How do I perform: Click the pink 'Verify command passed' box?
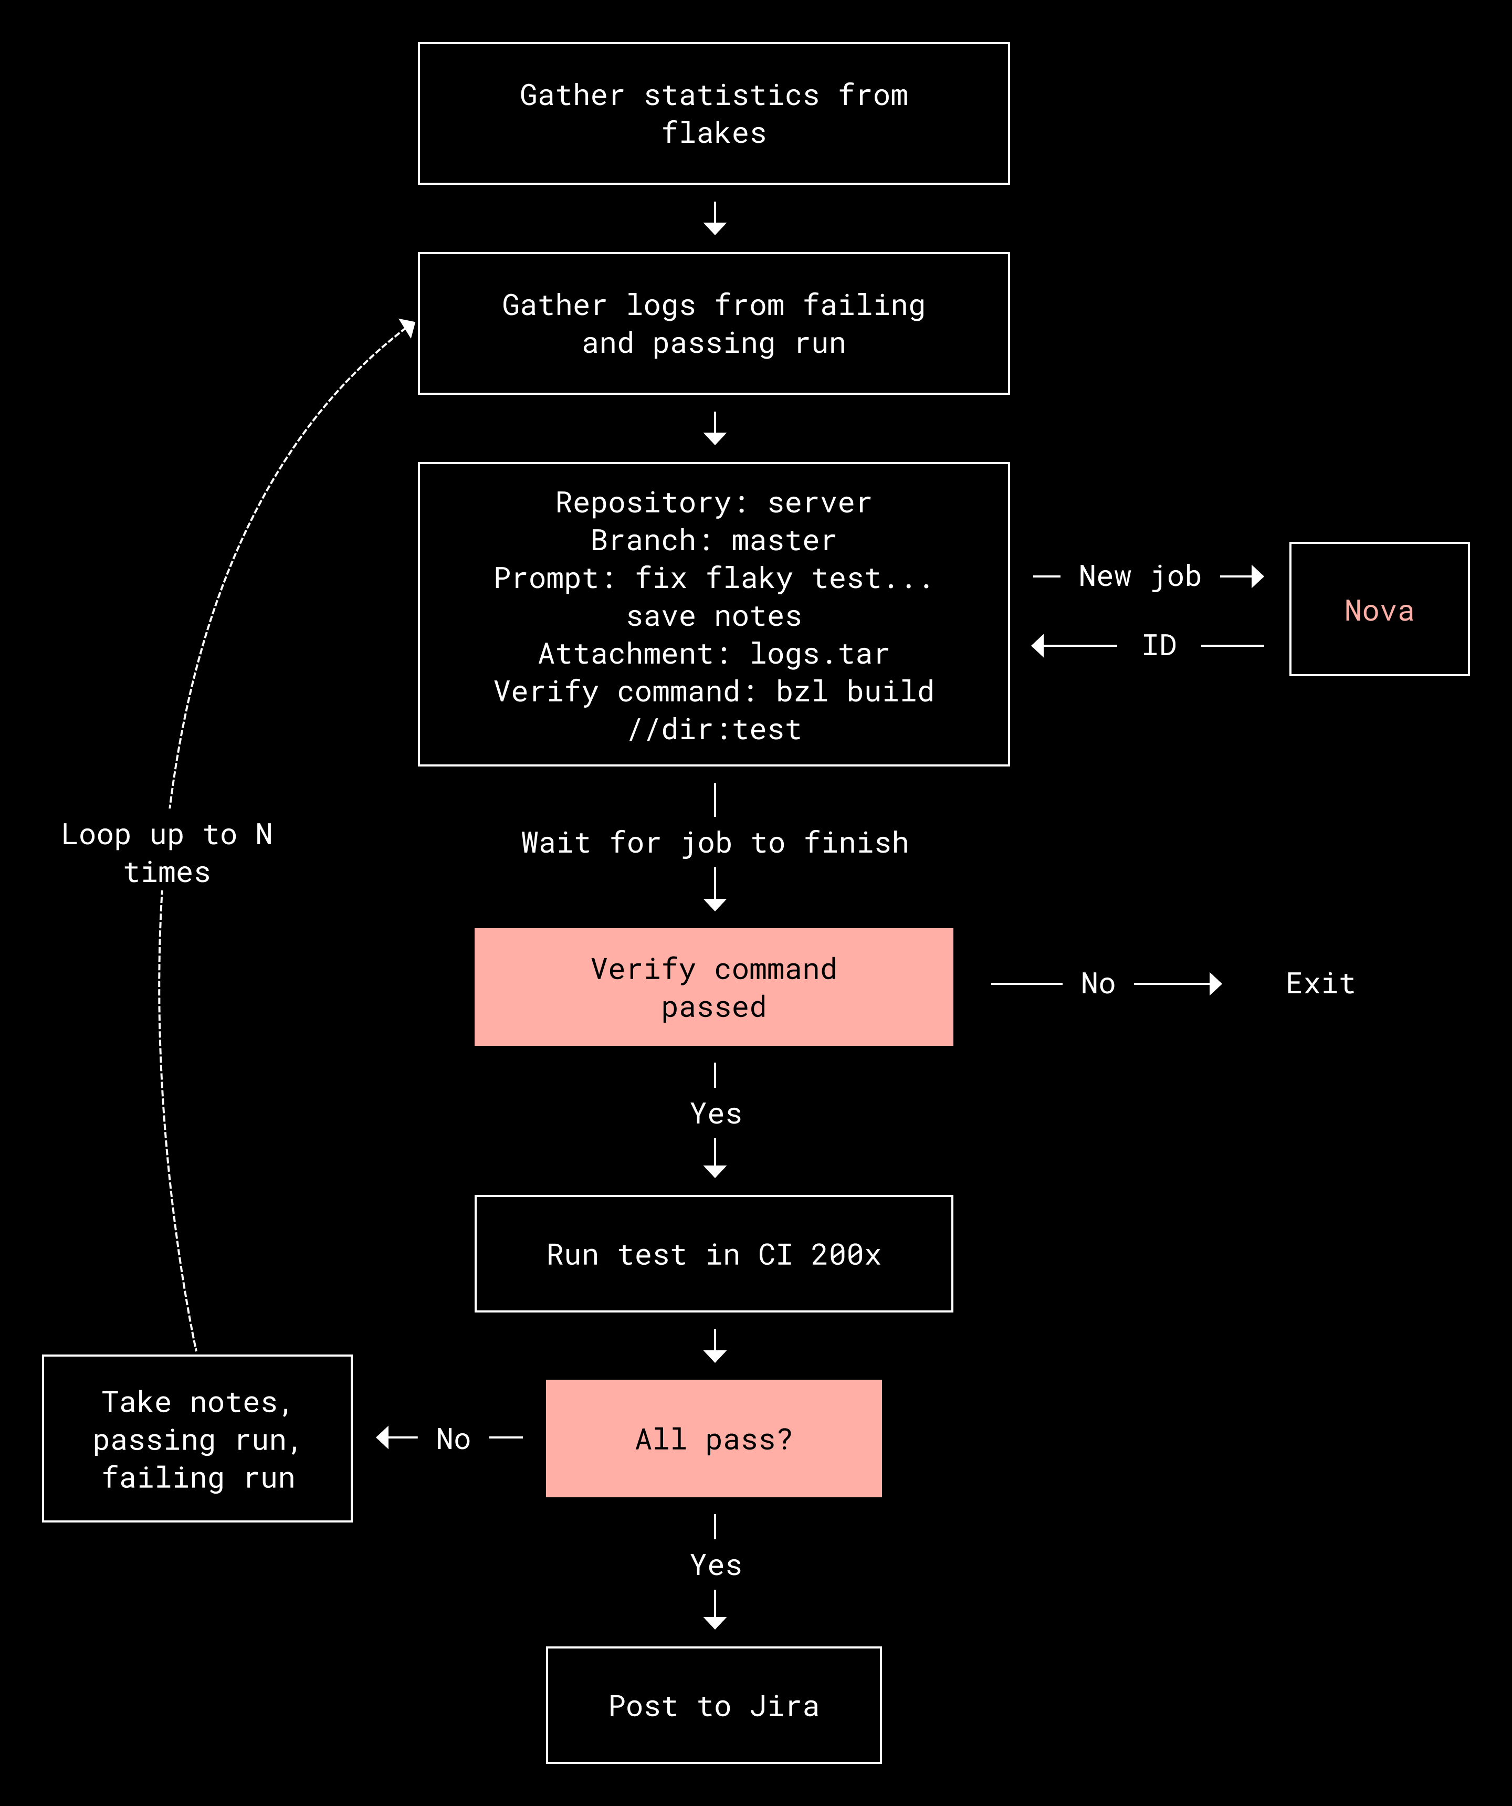pyautogui.click(x=714, y=986)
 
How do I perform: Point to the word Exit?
pyautogui.click(x=1320, y=983)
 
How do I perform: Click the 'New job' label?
pyautogui.click(x=1140, y=576)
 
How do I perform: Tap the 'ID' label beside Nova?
pyautogui.click(x=1159, y=645)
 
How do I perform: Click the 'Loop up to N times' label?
pyautogui.click(x=167, y=853)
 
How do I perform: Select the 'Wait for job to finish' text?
pyautogui.click(x=715, y=843)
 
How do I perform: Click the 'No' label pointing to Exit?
pyautogui.click(x=1097, y=983)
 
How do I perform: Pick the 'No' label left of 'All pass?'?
pyautogui.click(x=453, y=1439)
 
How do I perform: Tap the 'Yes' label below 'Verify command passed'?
pyautogui.click(x=716, y=1114)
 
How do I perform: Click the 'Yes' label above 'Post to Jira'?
pyautogui.click(x=716, y=1565)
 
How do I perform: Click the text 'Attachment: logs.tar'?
pyautogui.click(x=714, y=654)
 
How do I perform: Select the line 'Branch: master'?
pyautogui.click(x=714, y=540)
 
